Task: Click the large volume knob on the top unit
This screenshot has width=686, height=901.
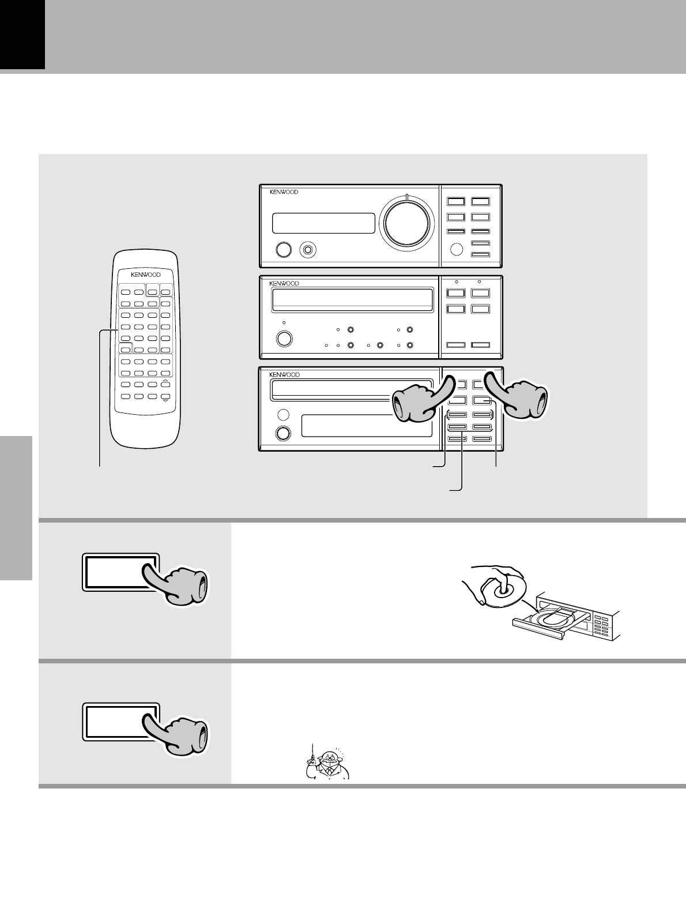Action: (408, 224)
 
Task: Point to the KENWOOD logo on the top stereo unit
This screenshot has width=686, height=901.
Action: (284, 192)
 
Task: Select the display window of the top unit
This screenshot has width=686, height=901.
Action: (323, 223)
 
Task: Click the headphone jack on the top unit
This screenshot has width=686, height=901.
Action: (308, 250)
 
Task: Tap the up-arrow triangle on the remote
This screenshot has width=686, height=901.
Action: (166, 382)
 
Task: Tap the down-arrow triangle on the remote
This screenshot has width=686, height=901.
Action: (166, 399)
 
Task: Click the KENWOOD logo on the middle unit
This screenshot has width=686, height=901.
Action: (284, 284)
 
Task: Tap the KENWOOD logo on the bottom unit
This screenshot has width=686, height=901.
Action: (284, 375)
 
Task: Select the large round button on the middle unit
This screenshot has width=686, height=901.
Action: (284, 338)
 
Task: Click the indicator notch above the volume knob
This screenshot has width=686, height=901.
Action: (407, 197)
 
